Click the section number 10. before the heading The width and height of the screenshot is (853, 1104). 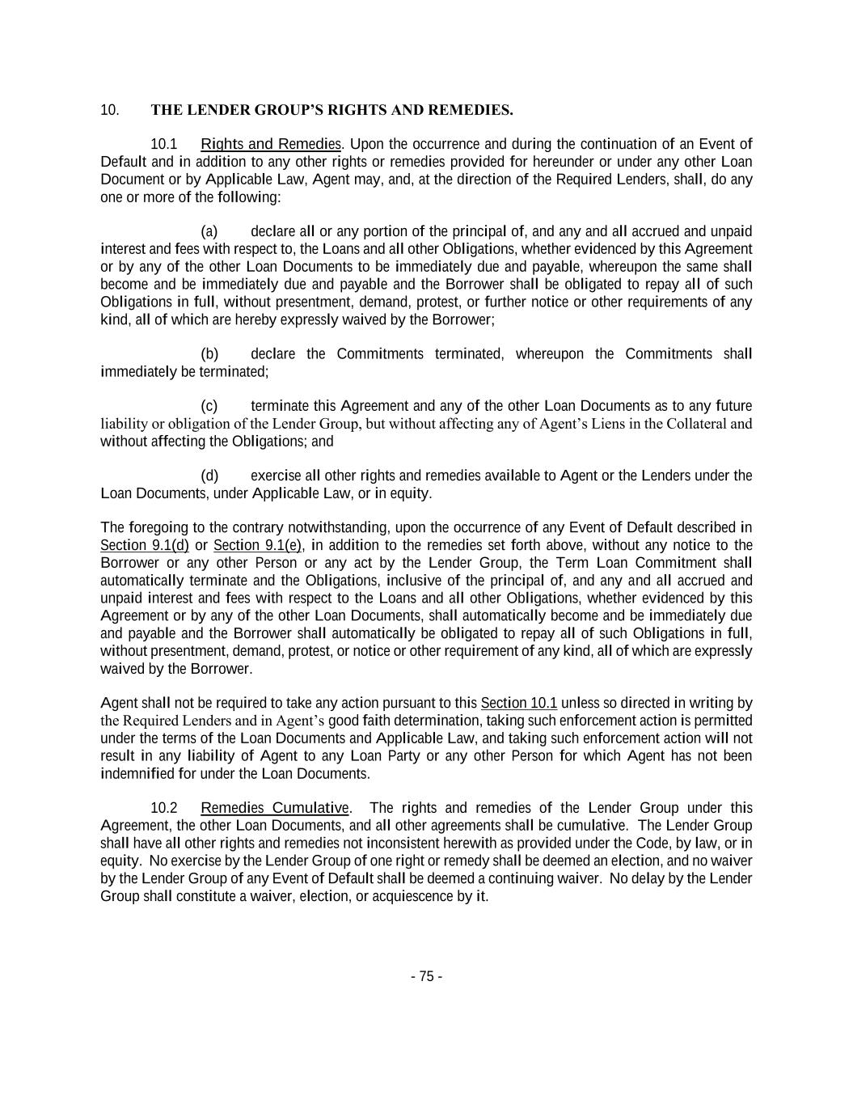click(110, 110)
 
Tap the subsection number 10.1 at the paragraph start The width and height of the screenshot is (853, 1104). click(163, 144)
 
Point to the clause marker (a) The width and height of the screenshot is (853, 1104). click(209, 231)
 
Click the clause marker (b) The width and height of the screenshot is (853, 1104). click(209, 354)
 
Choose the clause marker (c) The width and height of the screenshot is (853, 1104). click(209, 406)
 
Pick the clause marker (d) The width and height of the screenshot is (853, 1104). click(209, 476)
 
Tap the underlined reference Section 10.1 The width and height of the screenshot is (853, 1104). click(519, 703)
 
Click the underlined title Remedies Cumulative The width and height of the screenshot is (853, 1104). click(275, 808)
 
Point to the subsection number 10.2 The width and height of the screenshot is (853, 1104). click(163, 808)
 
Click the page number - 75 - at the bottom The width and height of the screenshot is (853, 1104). click(426, 976)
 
